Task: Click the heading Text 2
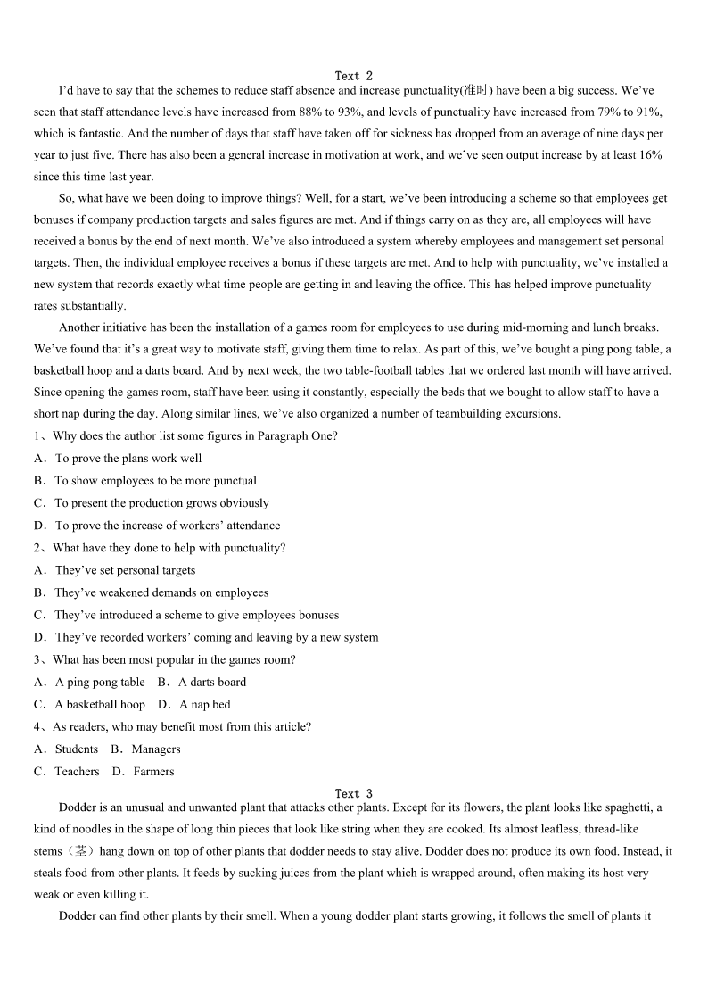354,76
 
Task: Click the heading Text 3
354,793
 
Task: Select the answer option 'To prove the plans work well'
128,459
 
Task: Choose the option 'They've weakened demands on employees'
161,592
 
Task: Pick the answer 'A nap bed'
204,705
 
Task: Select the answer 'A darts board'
212,683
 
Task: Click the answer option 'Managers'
156,749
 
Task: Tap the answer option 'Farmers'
153,772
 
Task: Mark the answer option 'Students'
77,749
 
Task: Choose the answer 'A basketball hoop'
100,705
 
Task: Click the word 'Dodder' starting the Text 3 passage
77,808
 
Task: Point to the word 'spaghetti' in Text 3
629,808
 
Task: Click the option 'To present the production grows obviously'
161,503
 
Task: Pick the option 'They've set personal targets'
125,570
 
